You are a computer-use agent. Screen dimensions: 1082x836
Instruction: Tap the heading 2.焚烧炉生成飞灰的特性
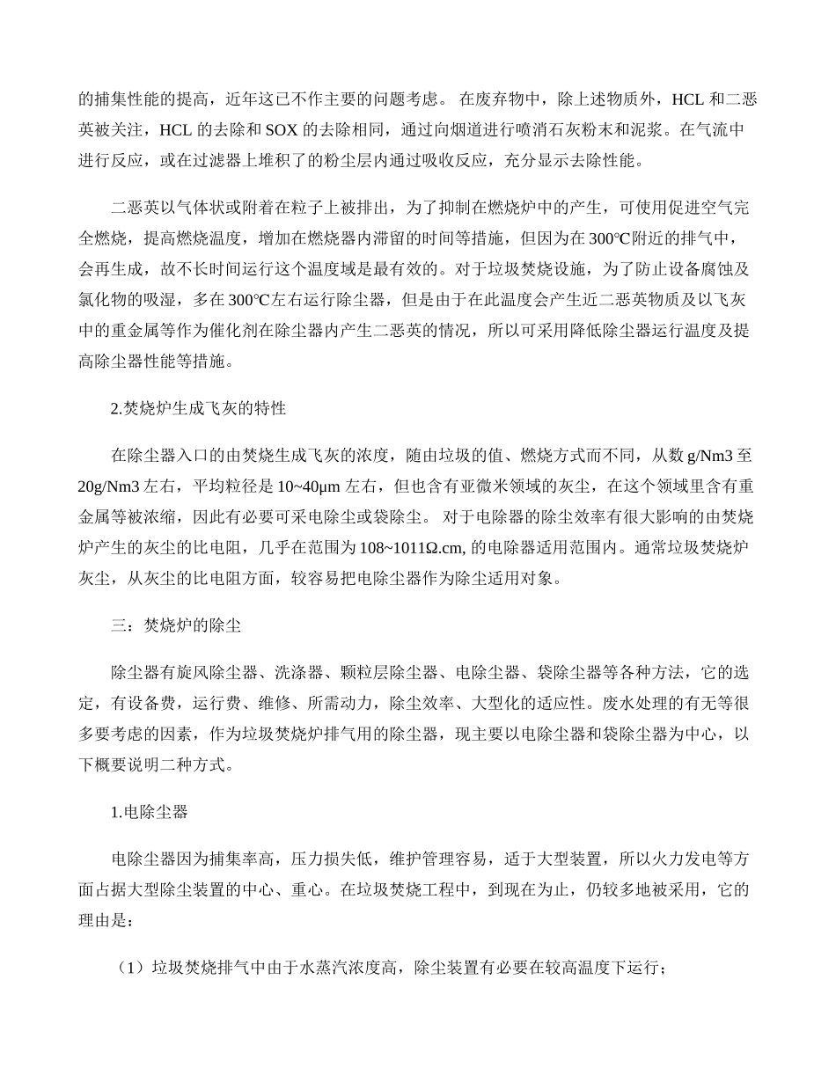pos(198,408)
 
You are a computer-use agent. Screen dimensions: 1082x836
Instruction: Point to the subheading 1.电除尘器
pos(150,812)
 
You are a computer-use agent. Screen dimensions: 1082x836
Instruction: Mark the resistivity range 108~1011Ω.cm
pos(416,547)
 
